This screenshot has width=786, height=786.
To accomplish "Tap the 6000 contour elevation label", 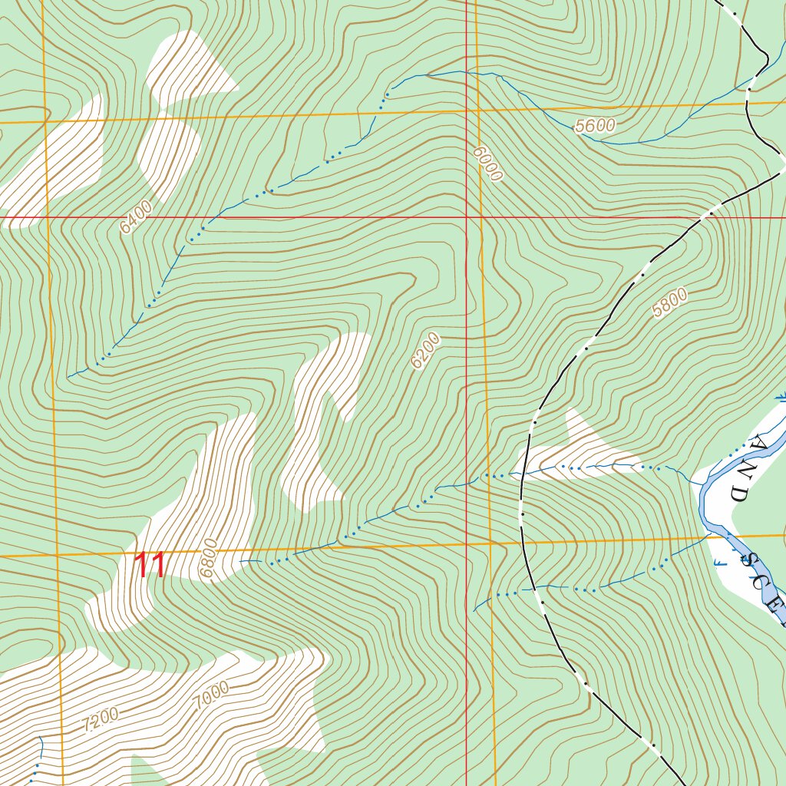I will click(487, 164).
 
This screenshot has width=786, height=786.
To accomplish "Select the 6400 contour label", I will click(136, 217).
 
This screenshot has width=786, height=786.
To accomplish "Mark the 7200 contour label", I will click(101, 719).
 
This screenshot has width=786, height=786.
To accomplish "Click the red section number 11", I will click(150, 566).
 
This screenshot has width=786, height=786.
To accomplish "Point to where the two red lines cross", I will click(467, 217).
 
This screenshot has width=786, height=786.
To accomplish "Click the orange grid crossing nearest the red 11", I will click(56, 554).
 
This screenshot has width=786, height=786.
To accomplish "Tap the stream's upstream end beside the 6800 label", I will click(240, 561).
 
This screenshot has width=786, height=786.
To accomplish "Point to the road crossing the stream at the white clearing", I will click(522, 477).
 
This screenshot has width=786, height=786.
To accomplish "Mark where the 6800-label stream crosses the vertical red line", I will click(467, 484).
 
